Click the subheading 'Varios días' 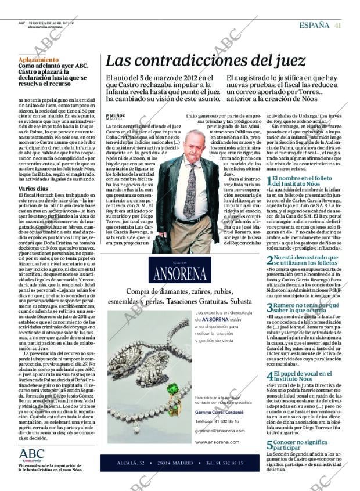(x=34, y=189)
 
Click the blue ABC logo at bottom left (x=31, y=454)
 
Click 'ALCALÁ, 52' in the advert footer (x=138, y=479)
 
